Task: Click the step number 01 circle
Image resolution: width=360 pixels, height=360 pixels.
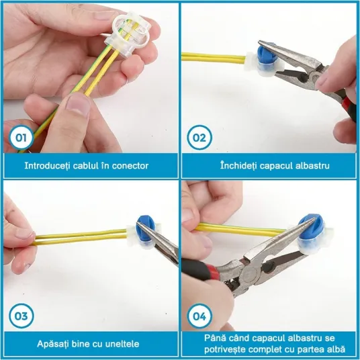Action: pyautogui.click(x=21, y=138)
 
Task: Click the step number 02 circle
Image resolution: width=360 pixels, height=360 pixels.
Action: pyautogui.click(x=199, y=138)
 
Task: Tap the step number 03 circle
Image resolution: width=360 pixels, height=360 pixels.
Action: pyautogui.click(x=21, y=316)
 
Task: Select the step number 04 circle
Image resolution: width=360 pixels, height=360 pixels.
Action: pyautogui.click(x=199, y=316)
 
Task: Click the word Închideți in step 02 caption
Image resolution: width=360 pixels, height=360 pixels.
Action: pyautogui.click(x=238, y=165)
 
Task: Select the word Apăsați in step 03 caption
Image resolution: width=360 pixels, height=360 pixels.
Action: pyautogui.click(x=52, y=344)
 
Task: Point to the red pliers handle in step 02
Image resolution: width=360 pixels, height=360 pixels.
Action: pyautogui.click(x=349, y=105)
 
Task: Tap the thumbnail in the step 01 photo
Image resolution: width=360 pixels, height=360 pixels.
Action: pyautogui.click(x=77, y=104)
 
